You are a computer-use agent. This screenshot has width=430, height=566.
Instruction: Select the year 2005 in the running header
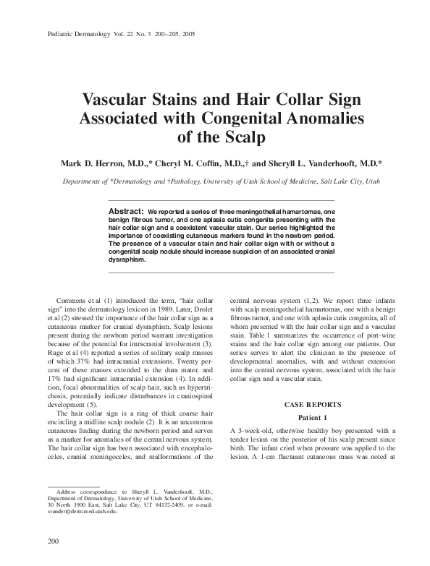195,35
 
